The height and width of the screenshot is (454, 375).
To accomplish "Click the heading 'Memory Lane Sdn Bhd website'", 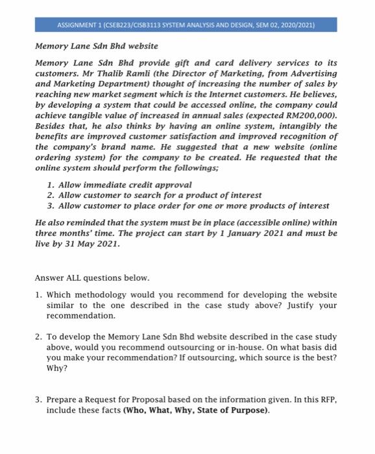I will coord(96,46).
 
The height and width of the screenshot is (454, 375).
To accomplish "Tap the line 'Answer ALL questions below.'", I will coord(91,278).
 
